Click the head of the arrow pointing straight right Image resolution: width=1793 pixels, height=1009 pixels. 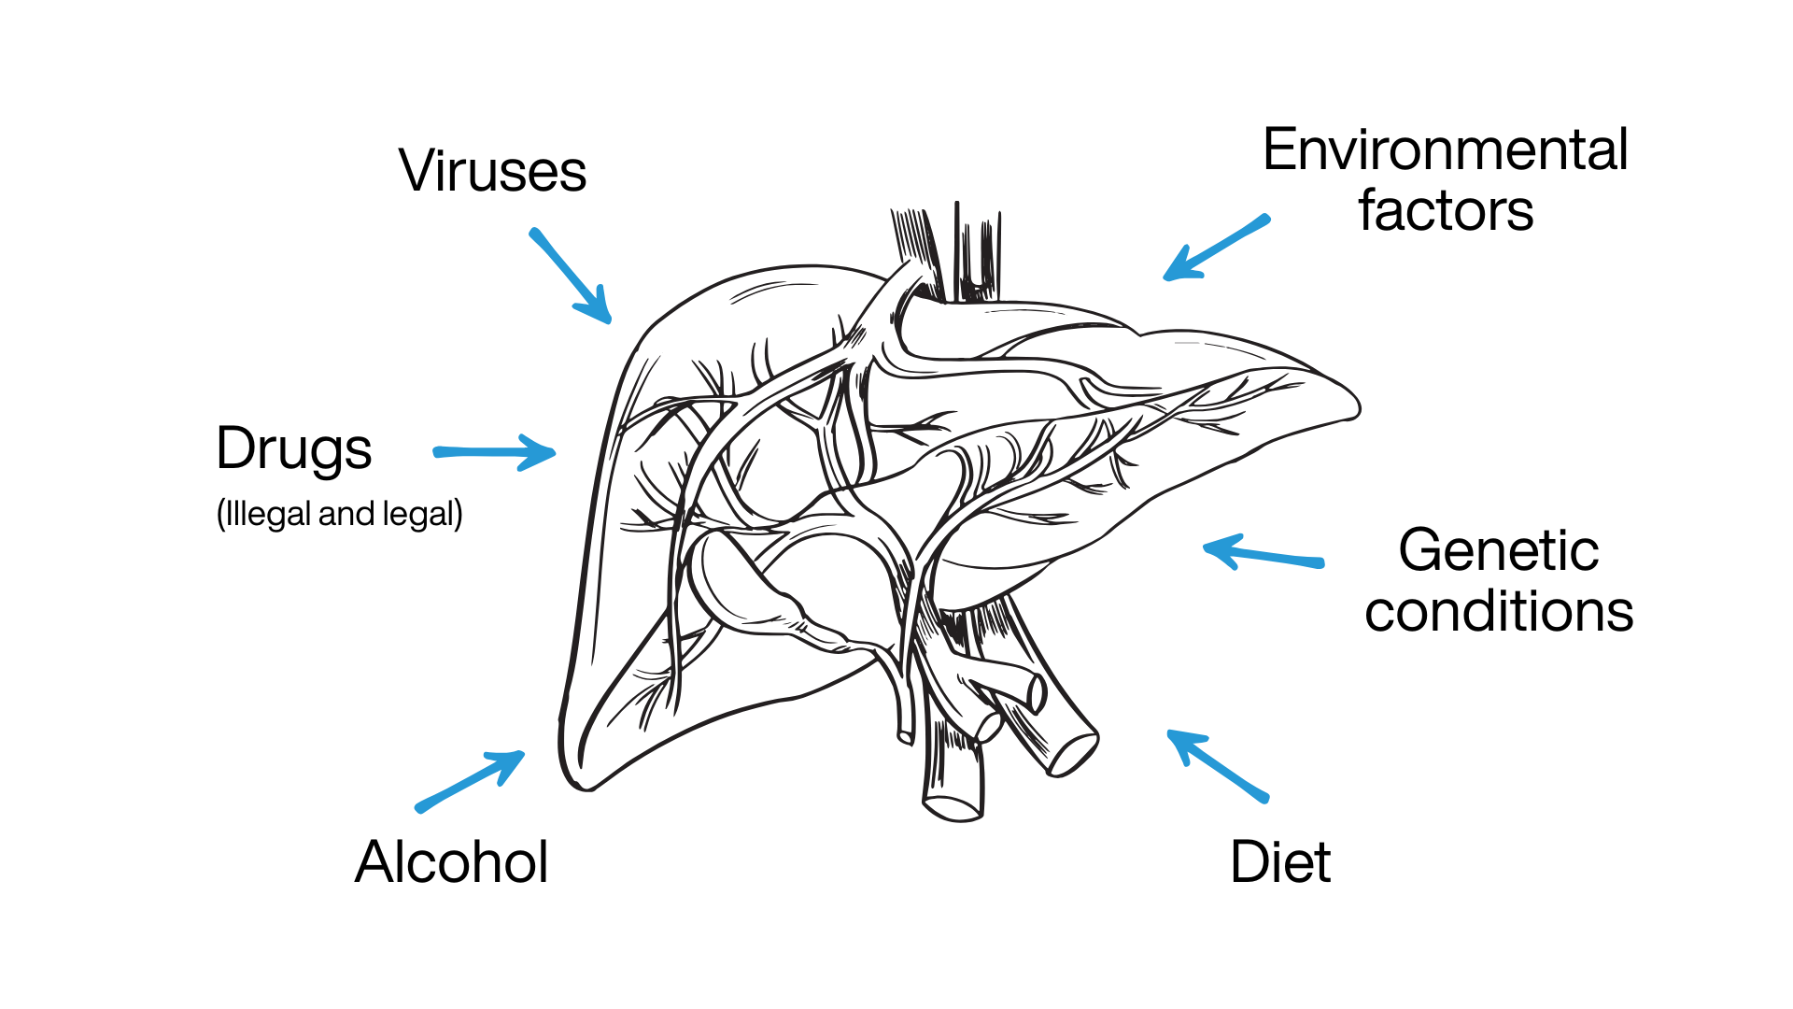555,453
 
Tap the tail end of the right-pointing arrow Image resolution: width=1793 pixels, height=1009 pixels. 437,452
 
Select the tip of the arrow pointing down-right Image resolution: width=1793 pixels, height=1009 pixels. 610,322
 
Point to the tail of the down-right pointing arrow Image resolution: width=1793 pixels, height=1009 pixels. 533,232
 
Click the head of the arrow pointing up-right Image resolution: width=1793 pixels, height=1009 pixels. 524,753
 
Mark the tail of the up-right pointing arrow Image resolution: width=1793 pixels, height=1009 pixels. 419,809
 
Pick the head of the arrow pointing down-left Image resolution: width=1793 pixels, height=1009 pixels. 1165,277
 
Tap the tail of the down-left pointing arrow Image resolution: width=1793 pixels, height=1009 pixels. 1266,219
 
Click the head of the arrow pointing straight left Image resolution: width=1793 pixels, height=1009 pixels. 1205,547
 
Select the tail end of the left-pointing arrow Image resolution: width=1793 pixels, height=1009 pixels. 1320,563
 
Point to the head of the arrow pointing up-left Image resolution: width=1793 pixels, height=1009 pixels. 1168,732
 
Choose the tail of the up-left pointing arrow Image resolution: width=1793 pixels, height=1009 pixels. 1265,799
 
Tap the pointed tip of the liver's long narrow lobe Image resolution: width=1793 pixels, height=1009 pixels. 1356,407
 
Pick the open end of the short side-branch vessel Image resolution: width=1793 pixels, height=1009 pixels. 1037,692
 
